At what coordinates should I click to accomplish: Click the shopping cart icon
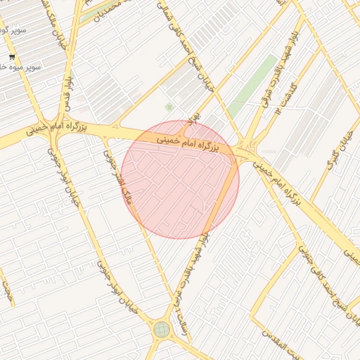point(12,56)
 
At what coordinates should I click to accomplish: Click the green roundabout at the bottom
point(162,329)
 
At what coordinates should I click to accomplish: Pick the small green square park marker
point(169,107)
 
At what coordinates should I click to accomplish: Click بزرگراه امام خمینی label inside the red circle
point(187,145)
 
